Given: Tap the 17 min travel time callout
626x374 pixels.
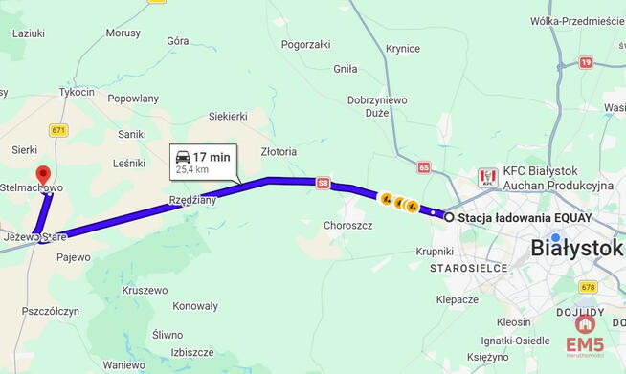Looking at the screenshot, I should coord(202,162).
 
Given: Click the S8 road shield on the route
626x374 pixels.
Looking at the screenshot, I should coord(324,182).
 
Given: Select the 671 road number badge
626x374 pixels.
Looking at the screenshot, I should coord(59,130).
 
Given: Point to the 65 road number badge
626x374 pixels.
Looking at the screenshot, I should coord(424,166).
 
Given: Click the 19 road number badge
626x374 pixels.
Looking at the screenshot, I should coord(585,62).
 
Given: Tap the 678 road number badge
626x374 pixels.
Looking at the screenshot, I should coord(588,287).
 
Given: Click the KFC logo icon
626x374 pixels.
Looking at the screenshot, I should coord(488,177).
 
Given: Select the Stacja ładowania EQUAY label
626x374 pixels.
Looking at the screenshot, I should coord(525,218).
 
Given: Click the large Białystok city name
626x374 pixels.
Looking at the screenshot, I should coord(576,249).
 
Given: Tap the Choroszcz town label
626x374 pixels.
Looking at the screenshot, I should coord(347,226).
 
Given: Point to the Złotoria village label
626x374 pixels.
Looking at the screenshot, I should coord(279,151).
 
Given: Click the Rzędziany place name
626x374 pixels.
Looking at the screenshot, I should coord(192,200).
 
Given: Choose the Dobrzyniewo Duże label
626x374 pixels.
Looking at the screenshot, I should coord(377,105).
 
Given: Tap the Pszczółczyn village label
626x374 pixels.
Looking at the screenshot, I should coord(50,311).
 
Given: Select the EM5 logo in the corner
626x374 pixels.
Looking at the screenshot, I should coord(584,337).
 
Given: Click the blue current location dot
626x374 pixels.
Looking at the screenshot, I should coord(556,238).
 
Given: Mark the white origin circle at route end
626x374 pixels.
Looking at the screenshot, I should coord(449,217).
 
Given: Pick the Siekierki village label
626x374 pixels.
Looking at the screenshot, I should coord(228,116).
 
